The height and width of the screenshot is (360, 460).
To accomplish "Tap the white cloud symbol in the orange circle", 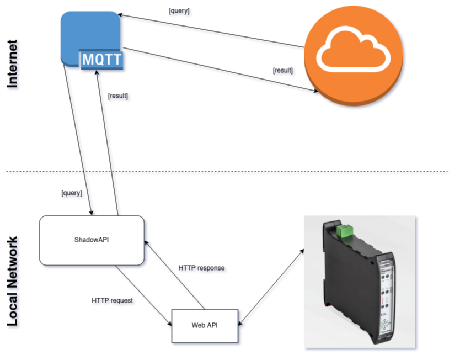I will coord(353,48).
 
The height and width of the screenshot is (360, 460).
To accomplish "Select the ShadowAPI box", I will coord(92,240).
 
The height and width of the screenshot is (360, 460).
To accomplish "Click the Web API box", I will coord(205,325).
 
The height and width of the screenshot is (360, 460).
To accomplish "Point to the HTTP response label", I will coord(201,268).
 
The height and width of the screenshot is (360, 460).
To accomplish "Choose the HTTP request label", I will coord(113,301).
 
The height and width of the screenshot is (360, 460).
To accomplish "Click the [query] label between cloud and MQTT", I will coord(179,11).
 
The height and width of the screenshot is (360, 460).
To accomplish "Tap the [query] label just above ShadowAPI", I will coord(72,193).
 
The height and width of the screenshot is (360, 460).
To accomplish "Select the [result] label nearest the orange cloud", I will coord(283,71).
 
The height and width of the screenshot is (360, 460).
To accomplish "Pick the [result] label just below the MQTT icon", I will coord(118,96).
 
